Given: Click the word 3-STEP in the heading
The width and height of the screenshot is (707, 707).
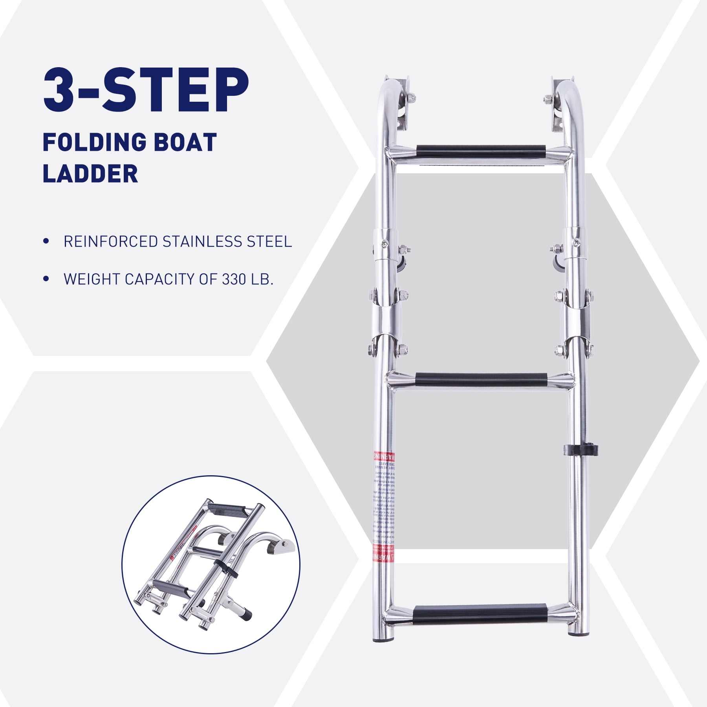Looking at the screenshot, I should point(145,91).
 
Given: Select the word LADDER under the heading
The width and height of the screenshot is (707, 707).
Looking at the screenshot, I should point(90,174).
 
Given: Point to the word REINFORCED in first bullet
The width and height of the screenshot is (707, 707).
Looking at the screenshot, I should point(110,242).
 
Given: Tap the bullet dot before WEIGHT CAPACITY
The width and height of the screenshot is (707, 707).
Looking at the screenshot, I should point(47,279).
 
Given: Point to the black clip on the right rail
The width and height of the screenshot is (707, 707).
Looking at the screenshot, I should point(580,450).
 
